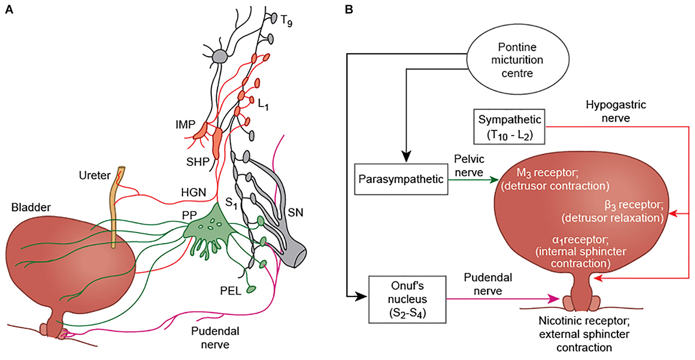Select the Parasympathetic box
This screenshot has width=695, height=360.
pyautogui.click(x=400, y=179)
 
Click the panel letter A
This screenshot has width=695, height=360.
pyautogui.click(x=9, y=10)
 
